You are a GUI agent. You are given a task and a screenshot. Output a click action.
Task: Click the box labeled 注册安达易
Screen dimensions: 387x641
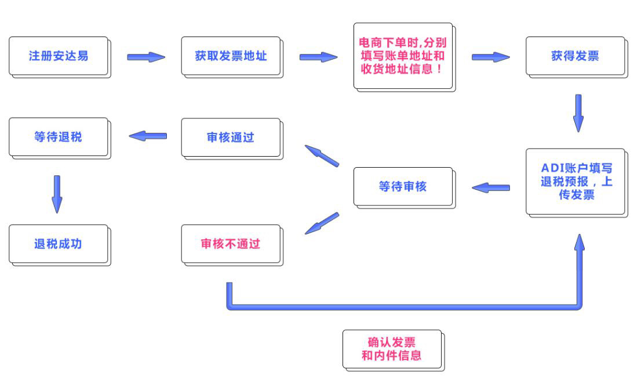(x=59, y=56)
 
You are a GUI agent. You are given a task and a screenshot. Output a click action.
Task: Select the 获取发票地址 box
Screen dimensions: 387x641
(x=231, y=56)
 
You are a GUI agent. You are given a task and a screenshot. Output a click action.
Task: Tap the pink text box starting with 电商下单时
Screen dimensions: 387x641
(x=403, y=56)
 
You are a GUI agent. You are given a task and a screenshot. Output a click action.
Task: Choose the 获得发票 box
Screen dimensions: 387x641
(x=575, y=56)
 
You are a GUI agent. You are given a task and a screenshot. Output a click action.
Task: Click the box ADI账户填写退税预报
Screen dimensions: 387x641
(x=576, y=182)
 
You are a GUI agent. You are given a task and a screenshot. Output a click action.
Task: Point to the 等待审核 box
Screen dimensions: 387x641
(x=403, y=187)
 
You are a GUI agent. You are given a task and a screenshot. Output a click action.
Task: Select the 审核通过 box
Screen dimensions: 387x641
(x=231, y=138)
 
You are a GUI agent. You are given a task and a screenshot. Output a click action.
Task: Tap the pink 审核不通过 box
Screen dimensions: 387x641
(x=231, y=244)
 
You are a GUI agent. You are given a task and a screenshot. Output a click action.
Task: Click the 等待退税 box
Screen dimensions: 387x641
(x=59, y=138)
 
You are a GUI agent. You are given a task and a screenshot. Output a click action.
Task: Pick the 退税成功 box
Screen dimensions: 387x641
(x=59, y=244)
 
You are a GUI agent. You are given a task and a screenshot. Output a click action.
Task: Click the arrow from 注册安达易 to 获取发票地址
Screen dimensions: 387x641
(x=146, y=57)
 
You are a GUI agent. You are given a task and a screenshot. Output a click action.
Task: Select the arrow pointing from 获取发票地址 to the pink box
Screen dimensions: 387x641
(x=318, y=57)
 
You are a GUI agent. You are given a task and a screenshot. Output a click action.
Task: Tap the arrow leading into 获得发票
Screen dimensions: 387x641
(x=490, y=57)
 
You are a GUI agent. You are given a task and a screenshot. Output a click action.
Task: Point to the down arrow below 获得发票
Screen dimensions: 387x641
(x=578, y=113)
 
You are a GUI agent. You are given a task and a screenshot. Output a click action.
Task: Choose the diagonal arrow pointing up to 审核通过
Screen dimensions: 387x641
(x=321, y=155)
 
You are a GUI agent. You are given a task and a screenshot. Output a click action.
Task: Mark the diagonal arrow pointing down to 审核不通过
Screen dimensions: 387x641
(x=321, y=223)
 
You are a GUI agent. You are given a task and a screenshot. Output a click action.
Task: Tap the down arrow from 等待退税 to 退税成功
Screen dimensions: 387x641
(x=57, y=193)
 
